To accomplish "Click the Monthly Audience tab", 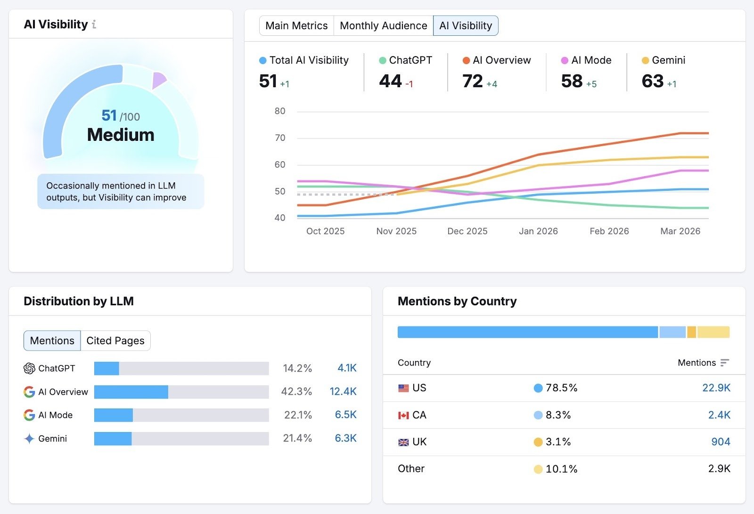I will (383, 25).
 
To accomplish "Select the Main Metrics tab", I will (296, 25).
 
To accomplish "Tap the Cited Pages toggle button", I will (115, 341).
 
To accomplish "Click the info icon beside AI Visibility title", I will (94, 24).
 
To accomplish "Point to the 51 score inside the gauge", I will (109, 115).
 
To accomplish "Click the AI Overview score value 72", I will (473, 81).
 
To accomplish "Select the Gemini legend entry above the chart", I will (664, 60).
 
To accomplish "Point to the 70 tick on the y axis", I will (280, 138).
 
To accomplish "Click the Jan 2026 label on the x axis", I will (538, 231).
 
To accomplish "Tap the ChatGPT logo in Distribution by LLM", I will (29, 368).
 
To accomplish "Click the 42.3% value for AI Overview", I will (296, 392).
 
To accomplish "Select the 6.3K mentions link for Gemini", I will (345, 438).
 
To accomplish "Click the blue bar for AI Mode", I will (114, 415).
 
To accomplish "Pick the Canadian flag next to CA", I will (403, 415).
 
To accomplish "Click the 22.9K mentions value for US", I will (716, 388).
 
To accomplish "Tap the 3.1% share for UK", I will (558, 442).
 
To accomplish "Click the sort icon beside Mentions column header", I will (725, 363).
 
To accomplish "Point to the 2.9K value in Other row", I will (719, 469).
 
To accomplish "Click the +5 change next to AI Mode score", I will (591, 84).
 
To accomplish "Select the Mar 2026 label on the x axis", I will (680, 231).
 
